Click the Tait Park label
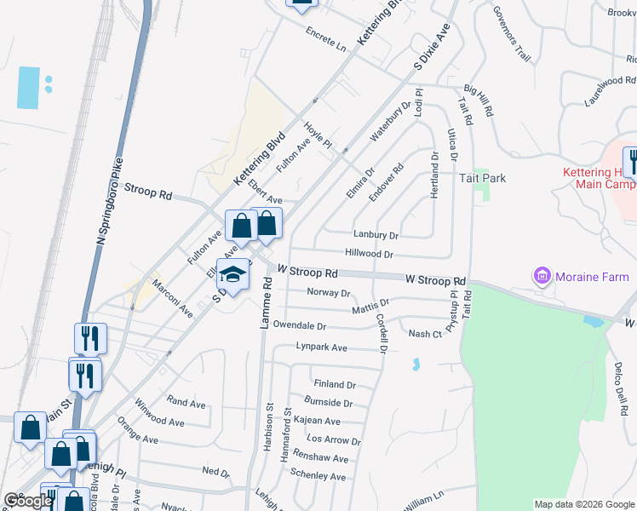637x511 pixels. (x=482, y=178)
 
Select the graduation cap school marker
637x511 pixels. (x=232, y=274)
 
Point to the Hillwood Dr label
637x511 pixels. (x=369, y=254)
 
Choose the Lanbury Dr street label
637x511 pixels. (x=376, y=234)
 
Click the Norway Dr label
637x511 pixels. (x=328, y=293)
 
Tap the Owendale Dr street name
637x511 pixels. (x=299, y=326)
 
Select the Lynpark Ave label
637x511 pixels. (x=321, y=347)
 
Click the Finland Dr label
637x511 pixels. (x=334, y=385)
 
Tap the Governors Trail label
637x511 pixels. (x=512, y=35)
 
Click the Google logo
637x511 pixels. (x=27, y=501)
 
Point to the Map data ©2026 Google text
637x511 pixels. (x=583, y=504)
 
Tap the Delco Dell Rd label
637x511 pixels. (x=620, y=391)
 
